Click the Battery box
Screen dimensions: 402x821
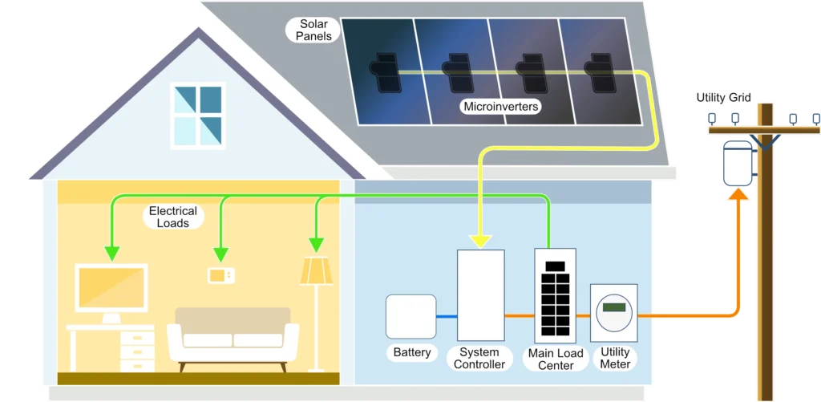[x=410, y=317]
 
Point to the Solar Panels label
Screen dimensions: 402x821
[x=313, y=30]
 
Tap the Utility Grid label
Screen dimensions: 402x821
[x=723, y=98]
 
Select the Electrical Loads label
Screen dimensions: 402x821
[x=172, y=217]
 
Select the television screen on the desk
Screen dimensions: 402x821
[x=111, y=287]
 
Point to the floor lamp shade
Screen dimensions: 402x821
[x=316, y=270]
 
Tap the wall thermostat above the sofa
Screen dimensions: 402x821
[x=221, y=275]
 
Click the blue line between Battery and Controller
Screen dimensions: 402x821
[x=447, y=317]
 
